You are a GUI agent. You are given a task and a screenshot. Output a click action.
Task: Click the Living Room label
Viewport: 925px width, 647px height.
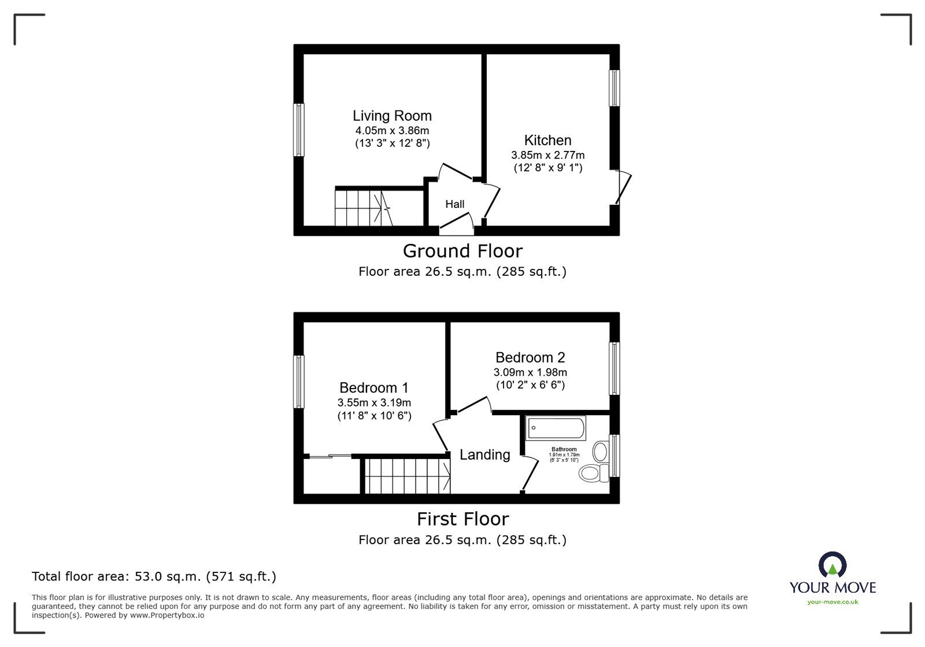pos(392,116)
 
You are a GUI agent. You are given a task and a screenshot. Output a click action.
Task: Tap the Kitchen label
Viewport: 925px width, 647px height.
pos(547,141)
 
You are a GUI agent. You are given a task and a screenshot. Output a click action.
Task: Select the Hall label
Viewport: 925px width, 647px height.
pos(454,204)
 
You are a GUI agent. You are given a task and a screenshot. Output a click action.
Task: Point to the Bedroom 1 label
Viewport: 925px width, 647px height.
pos(373,388)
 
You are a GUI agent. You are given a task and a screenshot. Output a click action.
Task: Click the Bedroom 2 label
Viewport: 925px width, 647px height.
pos(530,358)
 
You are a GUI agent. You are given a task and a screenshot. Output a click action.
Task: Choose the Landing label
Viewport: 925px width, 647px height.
pos(484,455)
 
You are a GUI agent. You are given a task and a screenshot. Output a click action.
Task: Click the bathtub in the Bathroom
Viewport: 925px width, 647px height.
pos(556,428)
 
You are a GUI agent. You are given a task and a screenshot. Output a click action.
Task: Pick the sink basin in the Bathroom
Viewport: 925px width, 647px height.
pos(601,450)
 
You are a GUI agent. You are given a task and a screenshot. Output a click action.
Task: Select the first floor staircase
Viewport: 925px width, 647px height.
pos(408,476)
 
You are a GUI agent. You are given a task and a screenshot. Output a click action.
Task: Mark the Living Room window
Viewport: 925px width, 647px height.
pos(298,130)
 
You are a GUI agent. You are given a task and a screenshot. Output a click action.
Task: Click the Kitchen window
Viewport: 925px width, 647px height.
pos(615,88)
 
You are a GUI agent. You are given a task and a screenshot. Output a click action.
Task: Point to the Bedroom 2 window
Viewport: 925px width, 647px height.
pos(615,368)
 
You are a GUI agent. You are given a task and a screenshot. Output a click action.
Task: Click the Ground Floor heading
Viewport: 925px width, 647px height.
pos(462,251)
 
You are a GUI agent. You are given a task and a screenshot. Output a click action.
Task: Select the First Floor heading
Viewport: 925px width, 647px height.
pos(462,519)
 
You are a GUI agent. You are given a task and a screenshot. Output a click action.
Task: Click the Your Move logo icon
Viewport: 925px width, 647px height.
pos(832,565)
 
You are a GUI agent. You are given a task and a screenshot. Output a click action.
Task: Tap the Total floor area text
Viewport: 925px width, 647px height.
pos(154,576)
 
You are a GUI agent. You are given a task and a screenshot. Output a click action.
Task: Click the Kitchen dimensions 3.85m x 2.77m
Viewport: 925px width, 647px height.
pos(547,156)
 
